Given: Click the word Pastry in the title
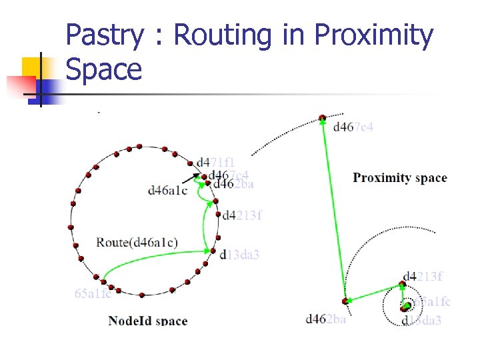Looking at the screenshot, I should pos(105,37).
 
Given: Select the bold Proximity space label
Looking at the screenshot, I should pos(399,178).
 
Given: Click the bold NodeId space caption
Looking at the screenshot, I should pos(147,321).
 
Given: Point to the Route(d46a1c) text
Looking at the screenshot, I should pos(137,241).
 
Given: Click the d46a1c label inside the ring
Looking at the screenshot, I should pos(168,190).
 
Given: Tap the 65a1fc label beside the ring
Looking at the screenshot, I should pos(93,293).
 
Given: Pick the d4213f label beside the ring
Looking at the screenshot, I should pos(242,215).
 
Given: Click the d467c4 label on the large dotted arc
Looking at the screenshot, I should pos(353,127).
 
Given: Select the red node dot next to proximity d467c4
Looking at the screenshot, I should pos(323,118).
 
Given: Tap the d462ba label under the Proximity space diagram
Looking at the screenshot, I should pos(326,319).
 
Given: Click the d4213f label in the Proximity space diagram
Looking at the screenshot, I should pos(423,277).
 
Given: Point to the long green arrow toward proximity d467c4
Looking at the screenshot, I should pos(333,207).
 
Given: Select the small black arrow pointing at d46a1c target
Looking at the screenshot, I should pos(195,178).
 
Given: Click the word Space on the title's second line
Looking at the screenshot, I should pos(105,69).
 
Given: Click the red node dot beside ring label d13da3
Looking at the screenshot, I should pos(213,251).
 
